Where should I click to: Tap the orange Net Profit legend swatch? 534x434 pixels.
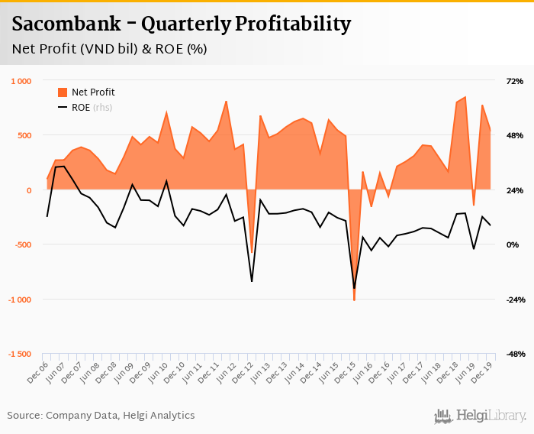(x=63, y=92)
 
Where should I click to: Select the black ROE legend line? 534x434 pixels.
(x=63, y=108)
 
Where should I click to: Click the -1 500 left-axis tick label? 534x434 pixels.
(x=19, y=355)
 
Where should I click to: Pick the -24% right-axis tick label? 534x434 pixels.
(x=513, y=300)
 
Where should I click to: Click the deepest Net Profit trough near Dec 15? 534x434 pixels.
(x=354, y=300)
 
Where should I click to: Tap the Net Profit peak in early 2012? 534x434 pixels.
(x=227, y=101)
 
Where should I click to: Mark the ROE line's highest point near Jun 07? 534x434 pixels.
(x=64, y=166)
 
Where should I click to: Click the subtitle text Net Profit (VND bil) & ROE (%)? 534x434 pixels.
(x=109, y=49)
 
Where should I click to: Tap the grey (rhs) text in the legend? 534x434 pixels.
(x=102, y=108)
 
